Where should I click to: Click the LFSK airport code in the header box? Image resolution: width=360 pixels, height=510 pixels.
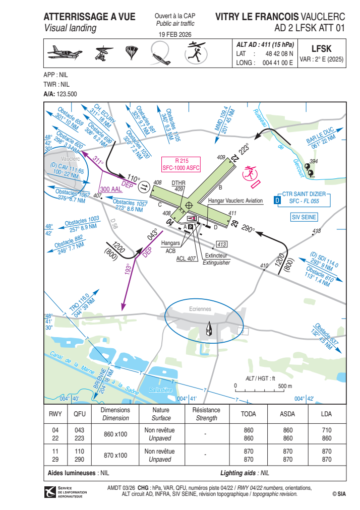click(321, 49)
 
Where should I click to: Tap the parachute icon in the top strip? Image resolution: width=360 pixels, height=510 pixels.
click(132, 52)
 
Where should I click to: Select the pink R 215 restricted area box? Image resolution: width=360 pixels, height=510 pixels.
click(182, 165)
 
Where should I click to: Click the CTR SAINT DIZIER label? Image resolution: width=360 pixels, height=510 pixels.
click(304, 194)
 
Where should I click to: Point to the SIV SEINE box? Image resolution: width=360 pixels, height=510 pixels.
click(304, 217)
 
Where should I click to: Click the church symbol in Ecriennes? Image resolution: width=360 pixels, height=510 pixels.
click(209, 329)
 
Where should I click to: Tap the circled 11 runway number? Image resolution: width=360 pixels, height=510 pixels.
click(144, 187)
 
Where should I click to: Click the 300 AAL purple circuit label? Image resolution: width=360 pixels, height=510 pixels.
click(110, 189)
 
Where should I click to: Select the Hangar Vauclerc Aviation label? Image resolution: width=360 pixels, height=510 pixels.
click(235, 201)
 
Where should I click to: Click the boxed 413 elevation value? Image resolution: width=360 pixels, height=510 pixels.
click(222, 244)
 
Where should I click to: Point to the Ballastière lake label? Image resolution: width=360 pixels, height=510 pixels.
click(160, 390)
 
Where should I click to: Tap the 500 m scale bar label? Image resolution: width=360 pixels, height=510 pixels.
click(285, 386)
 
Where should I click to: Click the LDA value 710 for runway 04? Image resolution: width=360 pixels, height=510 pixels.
click(327, 430)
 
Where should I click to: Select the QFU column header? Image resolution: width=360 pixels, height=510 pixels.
click(80, 414)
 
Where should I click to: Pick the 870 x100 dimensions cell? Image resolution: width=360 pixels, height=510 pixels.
click(115, 456)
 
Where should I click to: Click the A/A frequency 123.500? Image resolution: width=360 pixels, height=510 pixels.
click(67, 94)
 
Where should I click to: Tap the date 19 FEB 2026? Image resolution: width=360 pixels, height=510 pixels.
click(175, 34)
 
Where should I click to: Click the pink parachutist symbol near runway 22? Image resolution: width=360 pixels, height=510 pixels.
click(250, 173)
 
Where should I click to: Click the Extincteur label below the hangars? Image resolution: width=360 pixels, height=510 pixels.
click(216, 256)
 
